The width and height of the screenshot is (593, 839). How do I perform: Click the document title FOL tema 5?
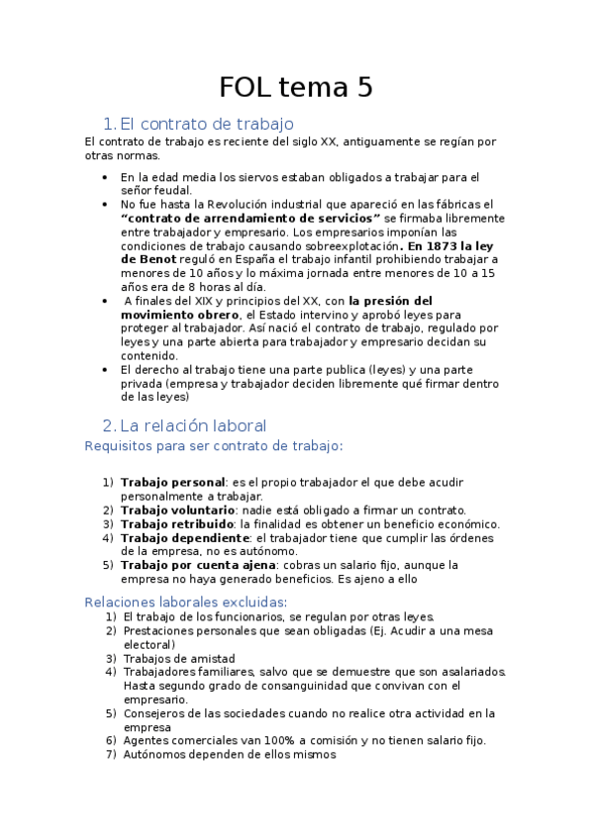296,87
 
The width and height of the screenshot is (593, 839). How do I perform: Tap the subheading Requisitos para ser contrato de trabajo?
214,446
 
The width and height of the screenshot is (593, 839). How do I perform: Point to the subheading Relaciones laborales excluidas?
186,602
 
